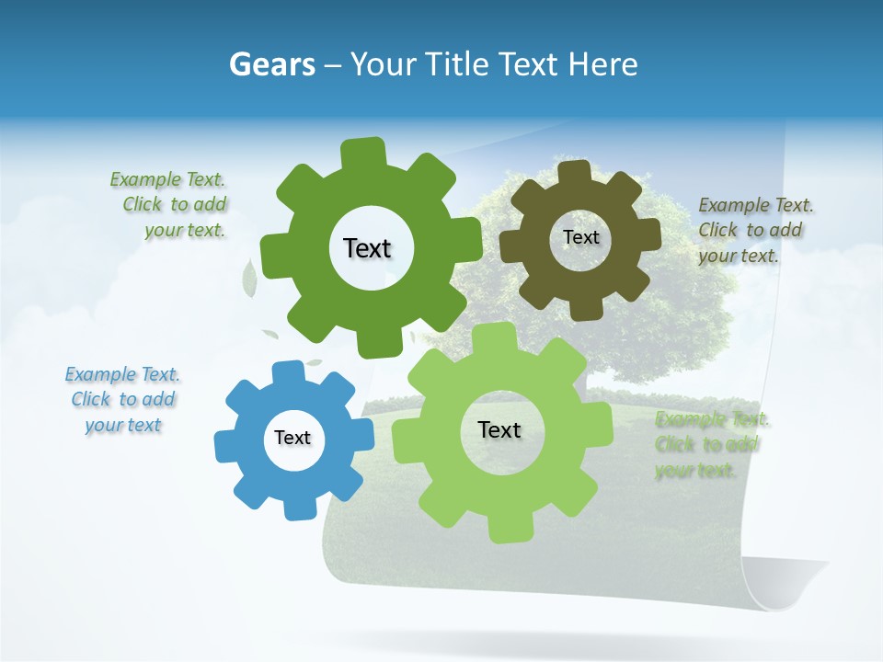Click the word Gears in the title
271,64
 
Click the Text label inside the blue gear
292,439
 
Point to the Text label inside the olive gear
580,237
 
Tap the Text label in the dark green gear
367,248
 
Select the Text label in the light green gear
499,430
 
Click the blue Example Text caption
122,400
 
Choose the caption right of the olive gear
753,230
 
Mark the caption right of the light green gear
710,445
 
